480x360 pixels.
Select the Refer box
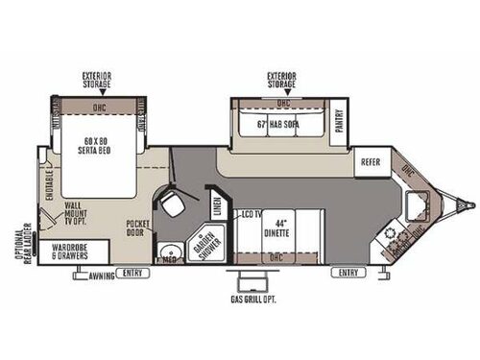click(371, 161)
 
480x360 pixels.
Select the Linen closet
click(216, 204)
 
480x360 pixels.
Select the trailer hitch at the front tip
click(468, 204)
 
